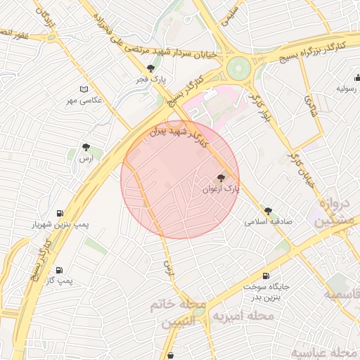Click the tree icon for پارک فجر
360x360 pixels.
150,68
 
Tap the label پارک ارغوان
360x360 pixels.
221,189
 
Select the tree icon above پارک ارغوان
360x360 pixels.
221,178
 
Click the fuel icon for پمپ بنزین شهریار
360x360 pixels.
59,213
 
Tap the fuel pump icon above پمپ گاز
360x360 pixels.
59,270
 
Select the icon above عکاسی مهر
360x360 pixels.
84,89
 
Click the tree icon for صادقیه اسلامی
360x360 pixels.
268,210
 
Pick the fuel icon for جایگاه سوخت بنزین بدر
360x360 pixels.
266,276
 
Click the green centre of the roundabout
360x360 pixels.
238,68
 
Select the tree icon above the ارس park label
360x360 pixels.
86,148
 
